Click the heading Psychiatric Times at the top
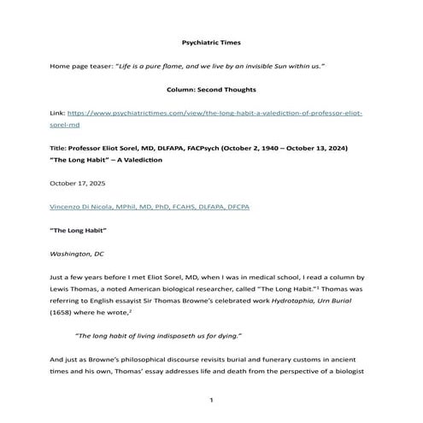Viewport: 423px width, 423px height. click(x=211, y=41)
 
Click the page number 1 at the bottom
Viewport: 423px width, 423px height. click(x=211, y=399)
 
